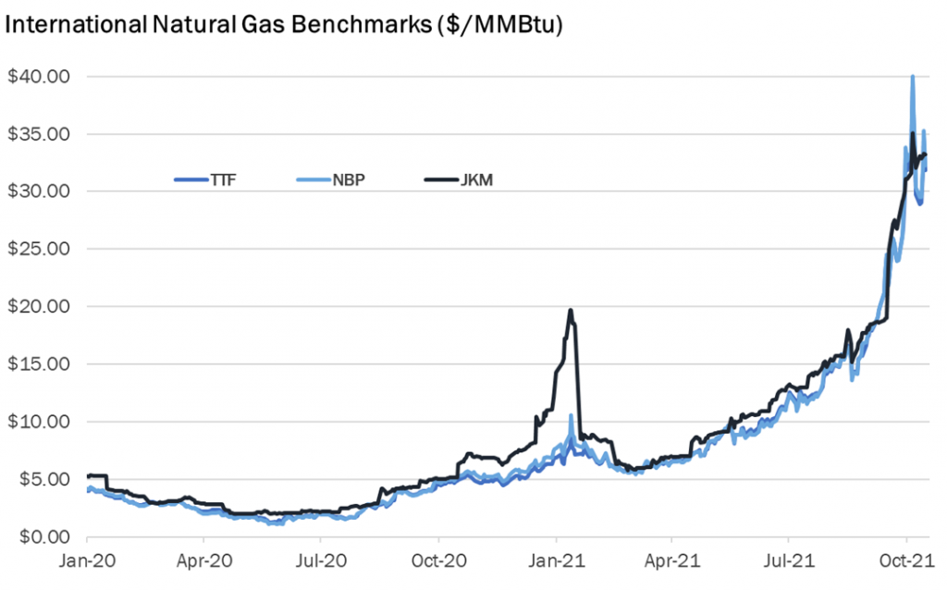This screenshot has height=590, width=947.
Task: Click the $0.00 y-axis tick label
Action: pyautogui.click(x=39, y=536)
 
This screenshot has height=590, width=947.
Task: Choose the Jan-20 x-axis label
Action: pyautogui.click(x=86, y=559)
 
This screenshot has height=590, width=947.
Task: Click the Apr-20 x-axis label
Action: pyautogui.click(x=203, y=559)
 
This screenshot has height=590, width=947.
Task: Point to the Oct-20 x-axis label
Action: pyautogui.click(x=438, y=559)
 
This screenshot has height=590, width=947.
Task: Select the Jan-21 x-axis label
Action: pyautogui.click(x=556, y=559)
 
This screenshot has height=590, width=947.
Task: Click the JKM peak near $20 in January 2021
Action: pyautogui.click(x=571, y=311)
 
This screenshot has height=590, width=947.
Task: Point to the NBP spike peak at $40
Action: pyautogui.click(x=913, y=77)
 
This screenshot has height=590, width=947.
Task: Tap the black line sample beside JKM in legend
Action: pyautogui.click(x=441, y=178)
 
